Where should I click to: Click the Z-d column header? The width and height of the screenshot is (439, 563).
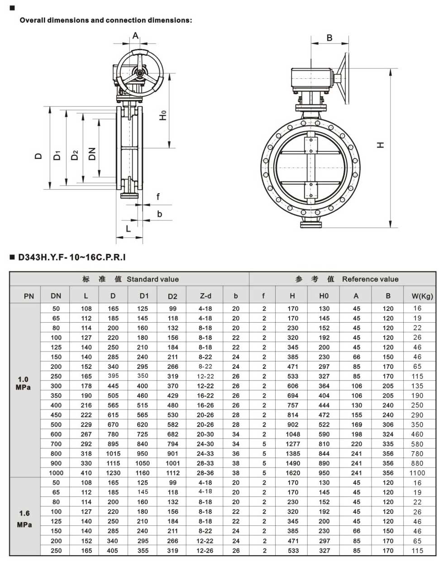[x=205, y=296]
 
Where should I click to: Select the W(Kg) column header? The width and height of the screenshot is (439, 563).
[x=422, y=296]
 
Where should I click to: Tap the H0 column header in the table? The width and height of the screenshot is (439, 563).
[x=324, y=296]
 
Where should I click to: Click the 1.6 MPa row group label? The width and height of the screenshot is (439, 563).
[x=24, y=519]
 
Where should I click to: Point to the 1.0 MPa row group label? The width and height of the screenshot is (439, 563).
[x=23, y=383]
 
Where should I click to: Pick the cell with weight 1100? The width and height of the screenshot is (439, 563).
[x=417, y=473]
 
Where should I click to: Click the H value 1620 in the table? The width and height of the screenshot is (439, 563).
[x=293, y=473]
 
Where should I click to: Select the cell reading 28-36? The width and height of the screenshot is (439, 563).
[x=205, y=473]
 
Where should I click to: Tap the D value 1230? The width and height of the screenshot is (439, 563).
[x=113, y=473]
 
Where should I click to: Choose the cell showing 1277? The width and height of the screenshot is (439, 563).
[x=293, y=444]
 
